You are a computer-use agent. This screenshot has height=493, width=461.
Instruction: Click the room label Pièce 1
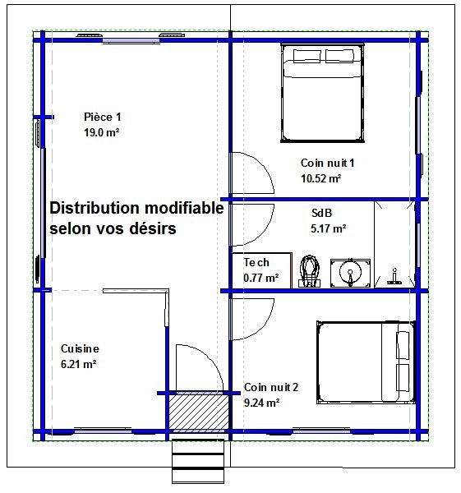tap(102, 117)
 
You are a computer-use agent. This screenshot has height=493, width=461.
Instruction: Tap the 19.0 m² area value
tap(101, 132)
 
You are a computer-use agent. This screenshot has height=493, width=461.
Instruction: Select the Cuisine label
tap(80, 348)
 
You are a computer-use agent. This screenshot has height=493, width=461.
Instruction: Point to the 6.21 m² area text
tap(78, 364)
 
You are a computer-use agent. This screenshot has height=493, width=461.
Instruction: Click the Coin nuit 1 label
tap(327, 163)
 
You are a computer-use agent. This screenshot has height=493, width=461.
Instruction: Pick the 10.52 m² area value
tap(321, 178)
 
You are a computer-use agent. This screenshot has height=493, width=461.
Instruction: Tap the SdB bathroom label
tap(321, 213)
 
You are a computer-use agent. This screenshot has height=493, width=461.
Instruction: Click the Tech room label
tap(256, 262)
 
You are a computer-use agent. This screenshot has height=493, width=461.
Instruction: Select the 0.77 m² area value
tap(261, 278)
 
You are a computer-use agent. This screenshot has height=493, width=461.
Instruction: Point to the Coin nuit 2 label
tap(271, 387)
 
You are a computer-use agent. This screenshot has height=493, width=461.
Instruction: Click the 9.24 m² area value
tap(261, 403)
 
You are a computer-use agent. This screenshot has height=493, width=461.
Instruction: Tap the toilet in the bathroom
tap(310, 271)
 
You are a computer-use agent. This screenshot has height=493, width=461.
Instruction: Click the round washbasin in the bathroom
tap(350, 273)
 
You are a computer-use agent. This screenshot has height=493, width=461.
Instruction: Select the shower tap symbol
tap(394, 277)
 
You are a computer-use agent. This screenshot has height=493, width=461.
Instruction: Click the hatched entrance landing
tap(199, 412)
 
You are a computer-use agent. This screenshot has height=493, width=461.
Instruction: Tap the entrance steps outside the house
tap(198, 461)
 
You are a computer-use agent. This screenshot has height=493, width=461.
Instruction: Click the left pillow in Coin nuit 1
tap(307, 56)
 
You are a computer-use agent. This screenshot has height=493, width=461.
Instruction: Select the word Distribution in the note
tap(95, 208)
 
